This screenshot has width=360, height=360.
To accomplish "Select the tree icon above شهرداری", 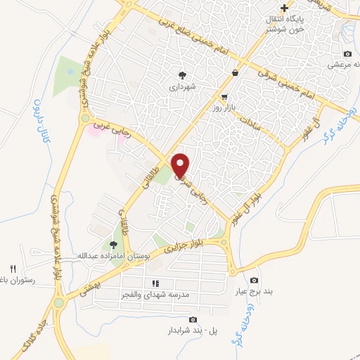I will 184,75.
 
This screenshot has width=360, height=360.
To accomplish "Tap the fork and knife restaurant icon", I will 12,269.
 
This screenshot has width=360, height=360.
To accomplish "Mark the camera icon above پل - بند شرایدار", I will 193,320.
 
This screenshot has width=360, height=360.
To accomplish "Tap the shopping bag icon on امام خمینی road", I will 235,72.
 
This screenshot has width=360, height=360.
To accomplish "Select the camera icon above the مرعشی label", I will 347,54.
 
